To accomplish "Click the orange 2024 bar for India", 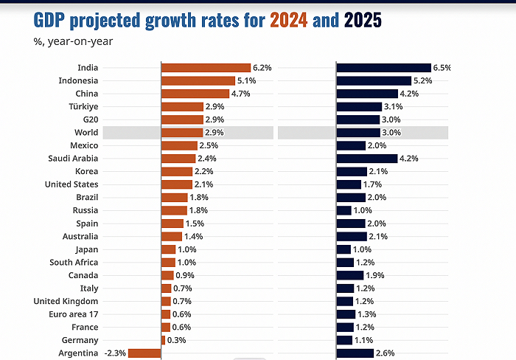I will (x=206, y=67).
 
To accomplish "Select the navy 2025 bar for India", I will (x=383, y=67).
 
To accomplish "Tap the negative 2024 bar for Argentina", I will (x=145, y=353).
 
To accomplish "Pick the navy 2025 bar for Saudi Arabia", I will (x=366, y=158).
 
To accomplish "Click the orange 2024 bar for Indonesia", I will (x=198, y=80).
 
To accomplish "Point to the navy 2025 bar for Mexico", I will (x=351, y=145).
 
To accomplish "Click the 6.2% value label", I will (x=262, y=67).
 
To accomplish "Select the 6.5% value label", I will (x=442, y=67).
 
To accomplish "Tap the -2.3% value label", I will (x=116, y=353).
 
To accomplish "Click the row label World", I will (x=86, y=132).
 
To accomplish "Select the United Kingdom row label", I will (x=66, y=301).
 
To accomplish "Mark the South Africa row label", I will (x=74, y=262).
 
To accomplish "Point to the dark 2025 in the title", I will (x=363, y=20).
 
